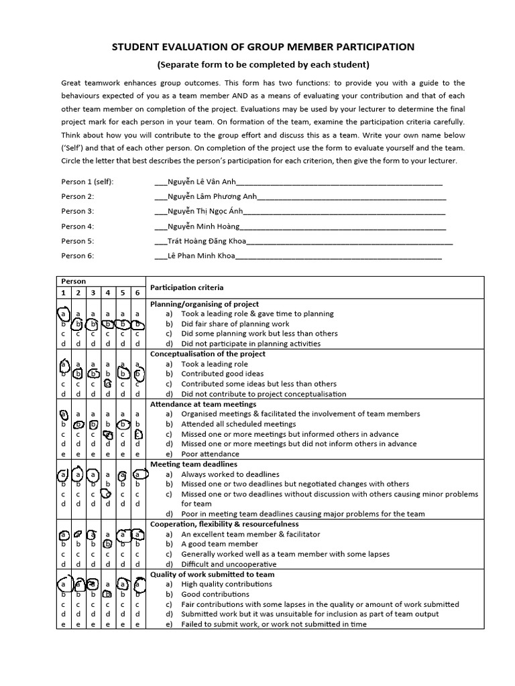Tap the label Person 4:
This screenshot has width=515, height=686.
[x=78, y=226]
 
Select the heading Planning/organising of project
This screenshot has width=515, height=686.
[x=204, y=304]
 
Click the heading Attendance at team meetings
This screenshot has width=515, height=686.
[x=203, y=405]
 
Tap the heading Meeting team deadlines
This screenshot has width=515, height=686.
[x=193, y=464]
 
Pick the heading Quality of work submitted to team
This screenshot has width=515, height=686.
[x=212, y=575]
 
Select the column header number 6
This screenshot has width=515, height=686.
[x=137, y=293]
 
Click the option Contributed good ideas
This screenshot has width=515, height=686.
[x=222, y=374]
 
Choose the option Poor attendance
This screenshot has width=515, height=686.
[x=209, y=454]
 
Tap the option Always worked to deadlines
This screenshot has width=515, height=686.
[x=230, y=474]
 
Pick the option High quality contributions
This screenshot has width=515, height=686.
[x=227, y=584]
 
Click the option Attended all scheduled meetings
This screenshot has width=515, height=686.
[x=238, y=424]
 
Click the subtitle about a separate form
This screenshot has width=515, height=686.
[x=263, y=65]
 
